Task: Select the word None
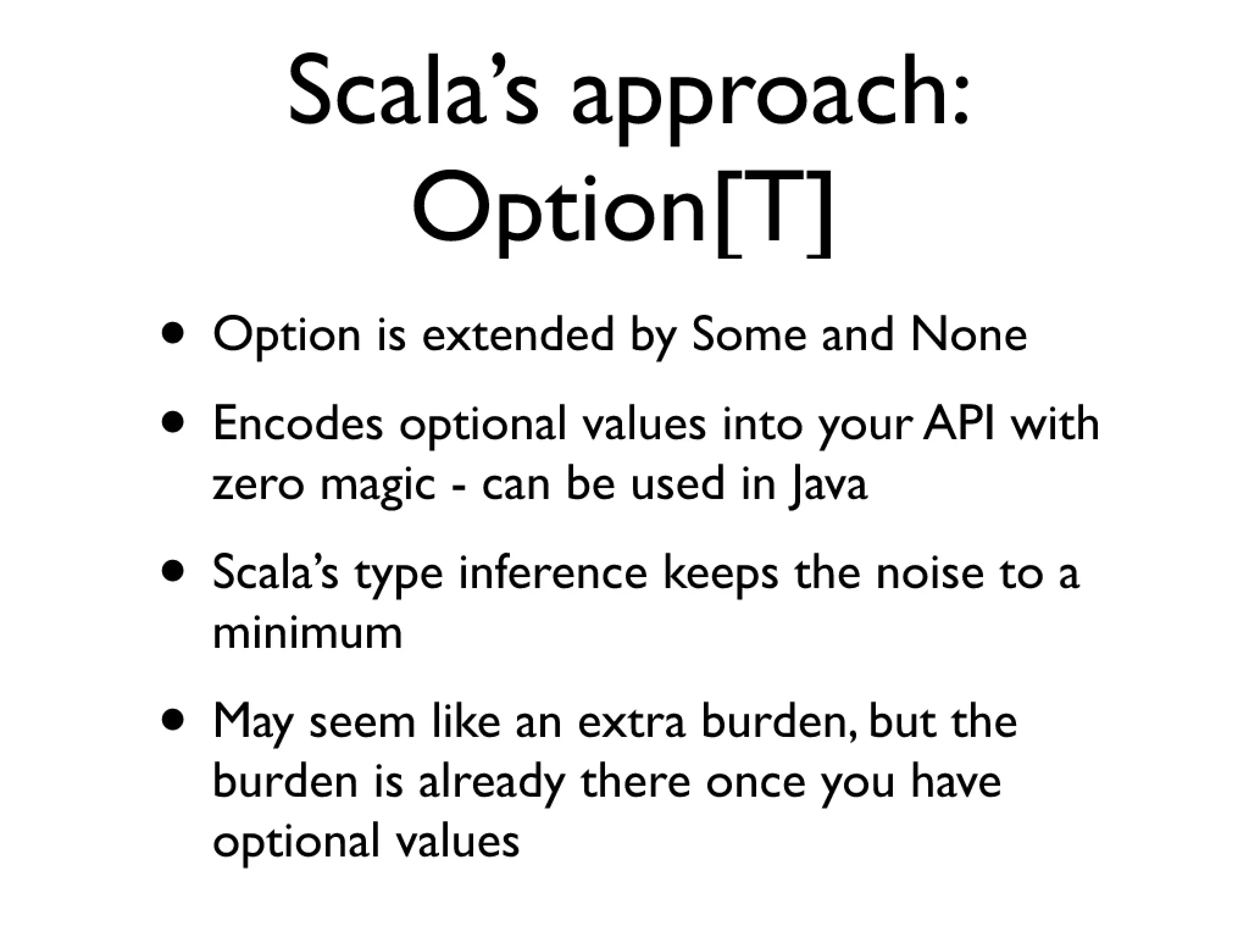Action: click(969, 335)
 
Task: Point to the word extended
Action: click(518, 335)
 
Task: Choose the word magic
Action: click(379, 485)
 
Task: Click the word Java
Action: click(826, 485)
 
